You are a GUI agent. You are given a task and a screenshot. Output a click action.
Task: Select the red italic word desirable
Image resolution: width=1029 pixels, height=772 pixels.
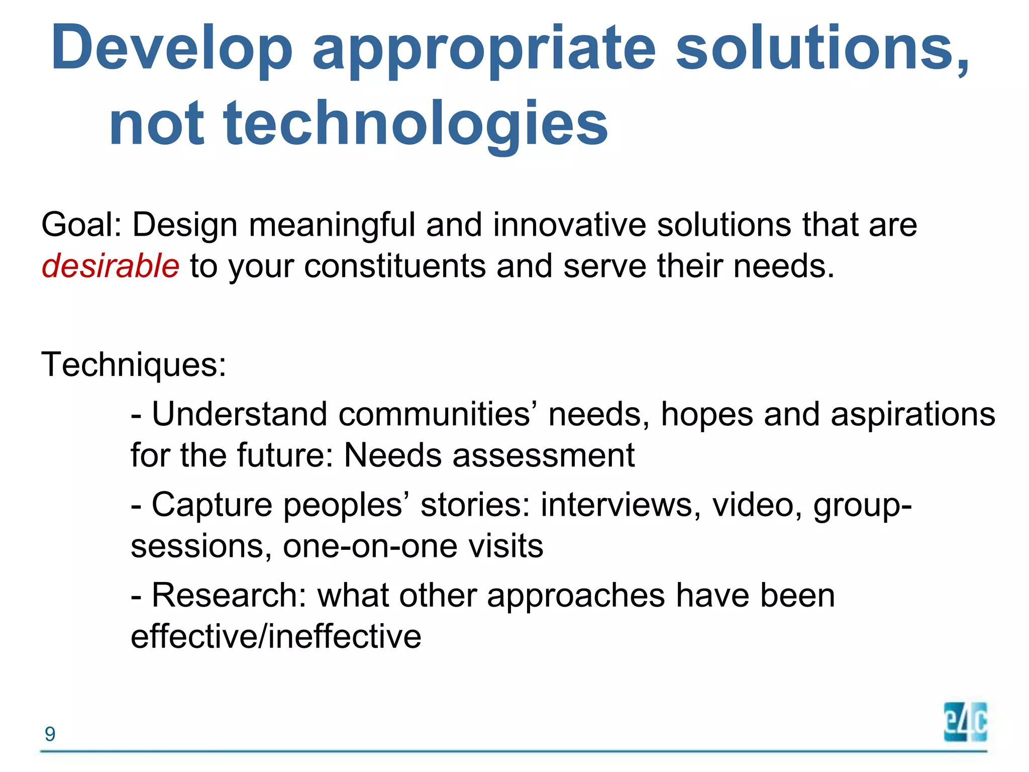coord(110,266)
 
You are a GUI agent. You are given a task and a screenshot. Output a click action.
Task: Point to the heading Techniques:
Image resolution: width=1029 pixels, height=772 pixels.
coord(134,364)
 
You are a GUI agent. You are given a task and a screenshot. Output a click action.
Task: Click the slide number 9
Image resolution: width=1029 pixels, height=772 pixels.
coord(50,734)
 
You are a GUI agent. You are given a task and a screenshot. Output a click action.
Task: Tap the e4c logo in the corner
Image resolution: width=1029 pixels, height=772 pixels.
coord(965,722)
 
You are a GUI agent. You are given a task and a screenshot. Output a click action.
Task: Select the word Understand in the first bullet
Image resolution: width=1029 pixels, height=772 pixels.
coord(239,415)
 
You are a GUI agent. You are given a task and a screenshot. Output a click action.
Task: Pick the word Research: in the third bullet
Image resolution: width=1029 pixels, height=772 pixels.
coord(229,596)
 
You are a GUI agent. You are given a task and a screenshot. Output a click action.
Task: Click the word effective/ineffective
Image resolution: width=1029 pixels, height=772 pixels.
coord(276,637)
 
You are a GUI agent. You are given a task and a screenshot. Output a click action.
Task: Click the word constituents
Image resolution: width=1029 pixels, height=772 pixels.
coord(395,266)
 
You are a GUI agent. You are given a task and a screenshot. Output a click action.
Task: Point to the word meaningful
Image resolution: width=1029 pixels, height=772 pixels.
coord(332,225)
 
